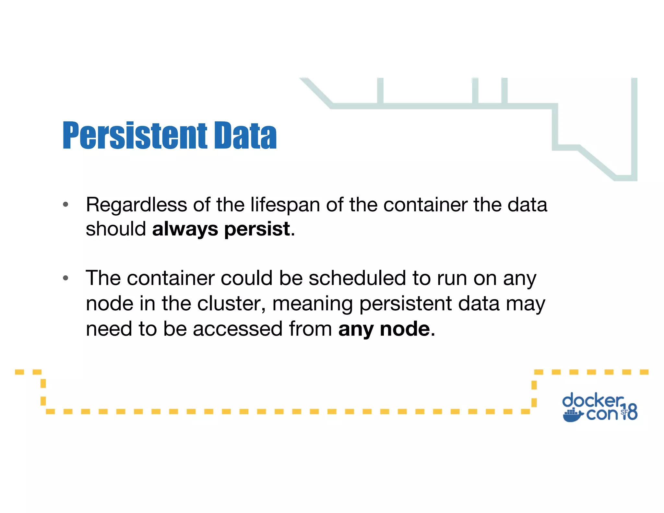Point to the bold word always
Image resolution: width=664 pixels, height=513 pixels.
[185, 229]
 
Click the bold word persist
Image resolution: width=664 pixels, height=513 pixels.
[257, 229]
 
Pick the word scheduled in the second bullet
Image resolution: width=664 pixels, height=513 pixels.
[357, 278]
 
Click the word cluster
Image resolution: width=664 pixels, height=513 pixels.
[231, 304]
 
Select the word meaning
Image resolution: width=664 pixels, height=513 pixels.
[313, 304]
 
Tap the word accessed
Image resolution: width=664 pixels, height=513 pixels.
[238, 329]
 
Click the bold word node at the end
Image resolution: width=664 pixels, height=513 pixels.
[405, 329]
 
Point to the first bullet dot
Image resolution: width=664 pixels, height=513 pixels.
[65, 204]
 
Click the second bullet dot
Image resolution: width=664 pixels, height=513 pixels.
[65, 278]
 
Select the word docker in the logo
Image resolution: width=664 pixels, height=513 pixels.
[592, 400]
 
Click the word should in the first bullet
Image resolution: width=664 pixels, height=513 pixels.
[116, 229]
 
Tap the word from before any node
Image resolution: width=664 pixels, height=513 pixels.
[310, 329]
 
